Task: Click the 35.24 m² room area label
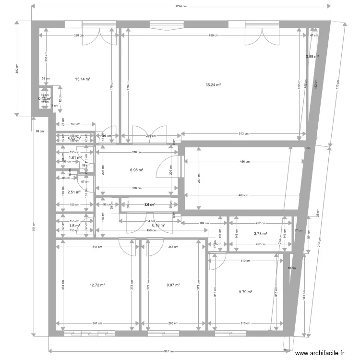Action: tap(213, 85)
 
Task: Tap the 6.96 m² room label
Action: tap(137, 170)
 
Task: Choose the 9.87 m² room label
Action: tap(173, 285)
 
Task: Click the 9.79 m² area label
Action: tap(246, 291)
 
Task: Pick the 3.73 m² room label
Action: tap(260, 234)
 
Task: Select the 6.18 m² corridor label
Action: tap(158, 225)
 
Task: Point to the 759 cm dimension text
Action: tap(214, 36)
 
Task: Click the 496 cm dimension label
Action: tap(244, 162)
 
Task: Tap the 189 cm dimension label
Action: tap(204, 223)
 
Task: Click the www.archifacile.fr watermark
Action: tap(320, 353)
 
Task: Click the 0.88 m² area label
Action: tap(312, 57)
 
